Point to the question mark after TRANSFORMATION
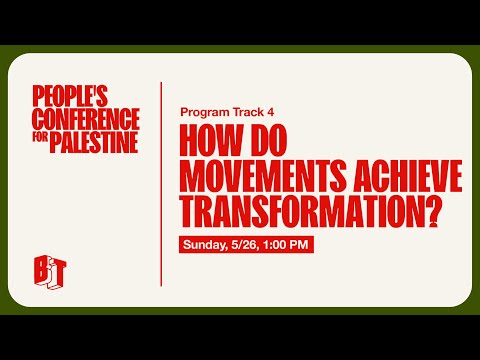pos(435,211)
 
